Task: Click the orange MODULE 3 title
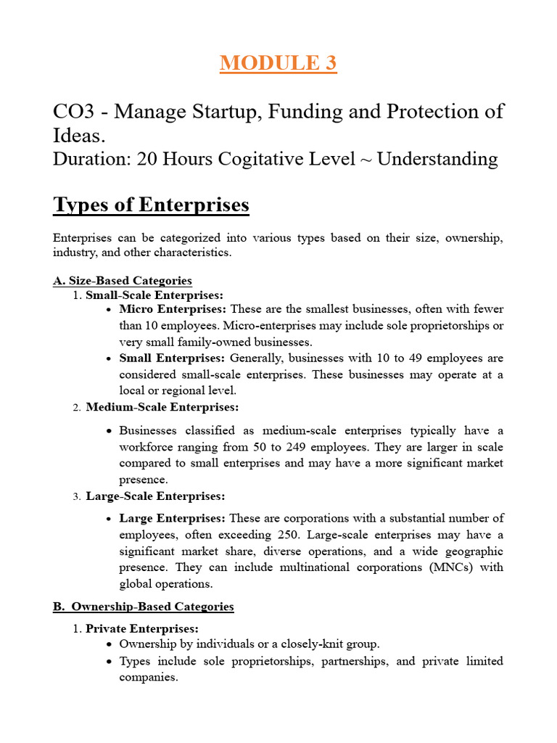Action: [x=278, y=63]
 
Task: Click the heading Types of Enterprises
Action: [x=151, y=205]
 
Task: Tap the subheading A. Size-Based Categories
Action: [x=123, y=280]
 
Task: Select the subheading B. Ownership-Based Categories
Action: [x=144, y=606]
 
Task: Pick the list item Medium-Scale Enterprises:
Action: [x=162, y=407]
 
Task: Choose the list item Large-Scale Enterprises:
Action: [x=155, y=496]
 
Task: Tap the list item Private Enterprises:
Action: [x=141, y=628]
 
